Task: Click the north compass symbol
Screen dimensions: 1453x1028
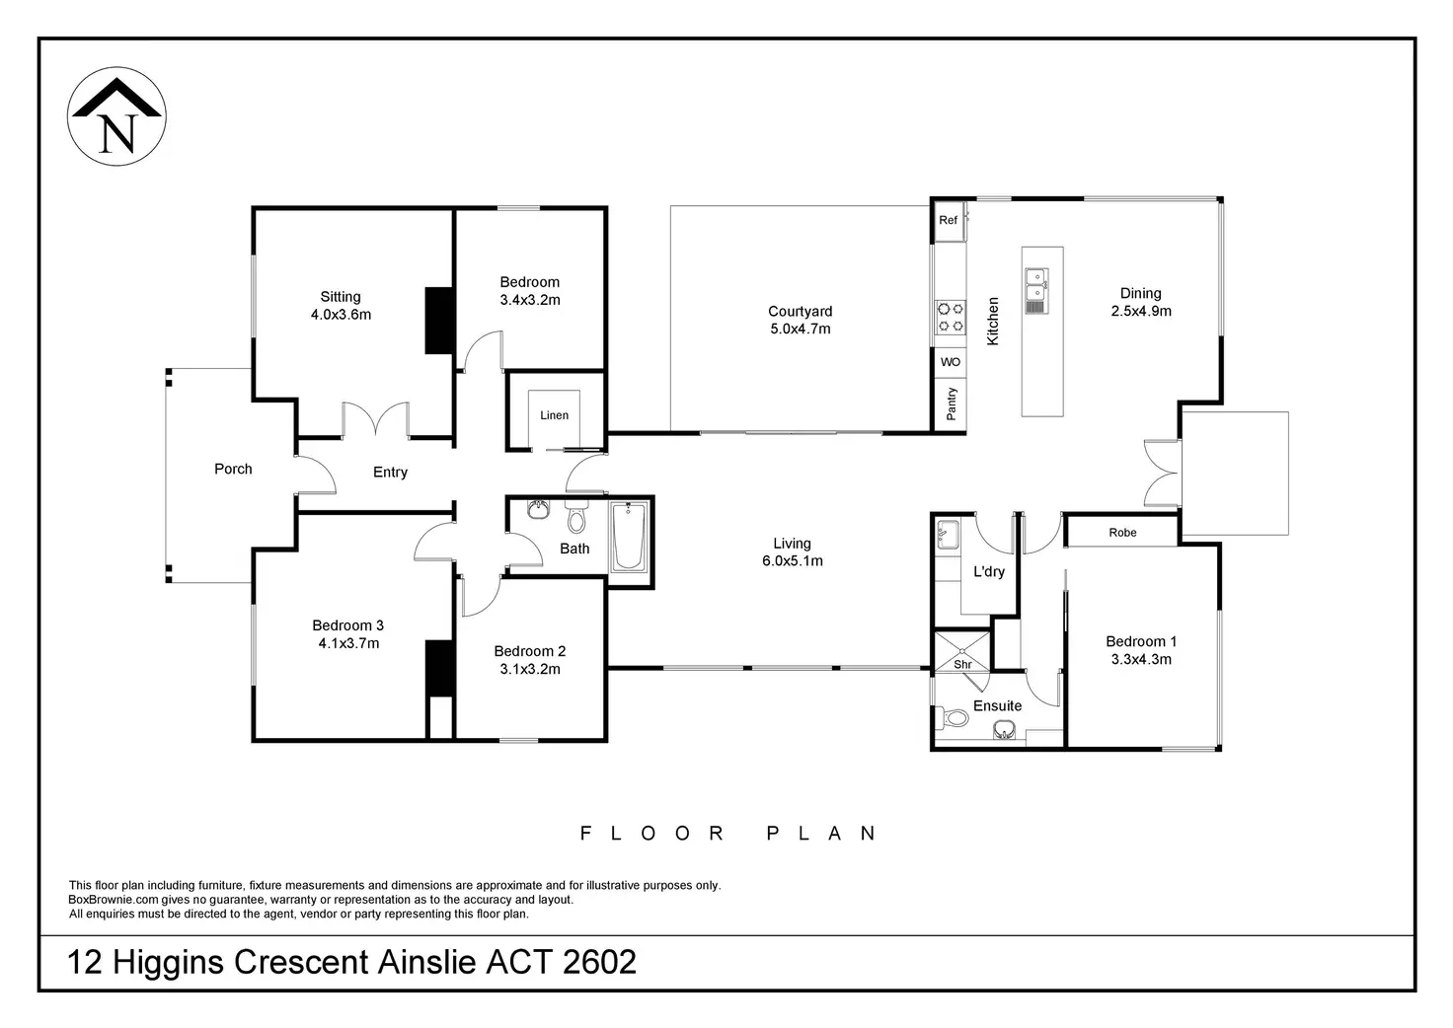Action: (x=116, y=116)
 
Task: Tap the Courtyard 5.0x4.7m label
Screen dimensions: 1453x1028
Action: (x=800, y=321)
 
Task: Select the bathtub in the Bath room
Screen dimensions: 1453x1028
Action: (x=629, y=538)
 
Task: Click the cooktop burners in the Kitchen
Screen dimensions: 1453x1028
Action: (x=951, y=317)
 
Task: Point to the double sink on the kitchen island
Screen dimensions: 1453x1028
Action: (x=1035, y=291)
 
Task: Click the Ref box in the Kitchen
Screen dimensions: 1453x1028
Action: (x=949, y=220)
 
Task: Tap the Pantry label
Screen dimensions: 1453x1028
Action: (x=951, y=404)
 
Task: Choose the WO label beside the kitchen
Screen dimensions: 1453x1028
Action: (x=951, y=362)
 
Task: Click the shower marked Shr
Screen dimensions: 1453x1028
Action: (x=962, y=651)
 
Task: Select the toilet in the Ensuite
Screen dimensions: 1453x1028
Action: (x=951, y=718)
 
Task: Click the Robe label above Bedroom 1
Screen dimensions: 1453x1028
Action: (x=1122, y=532)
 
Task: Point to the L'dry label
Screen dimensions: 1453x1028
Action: (x=988, y=571)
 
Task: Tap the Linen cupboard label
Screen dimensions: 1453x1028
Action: (x=554, y=415)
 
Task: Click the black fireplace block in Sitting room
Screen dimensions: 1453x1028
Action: (x=438, y=321)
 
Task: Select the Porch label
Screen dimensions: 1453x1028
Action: (x=233, y=469)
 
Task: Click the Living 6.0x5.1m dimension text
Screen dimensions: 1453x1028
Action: (x=792, y=560)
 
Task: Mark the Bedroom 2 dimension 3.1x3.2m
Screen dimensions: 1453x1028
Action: (x=530, y=669)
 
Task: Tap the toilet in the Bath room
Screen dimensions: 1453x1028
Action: (x=576, y=517)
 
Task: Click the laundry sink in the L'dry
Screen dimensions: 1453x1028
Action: (x=948, y=536)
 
